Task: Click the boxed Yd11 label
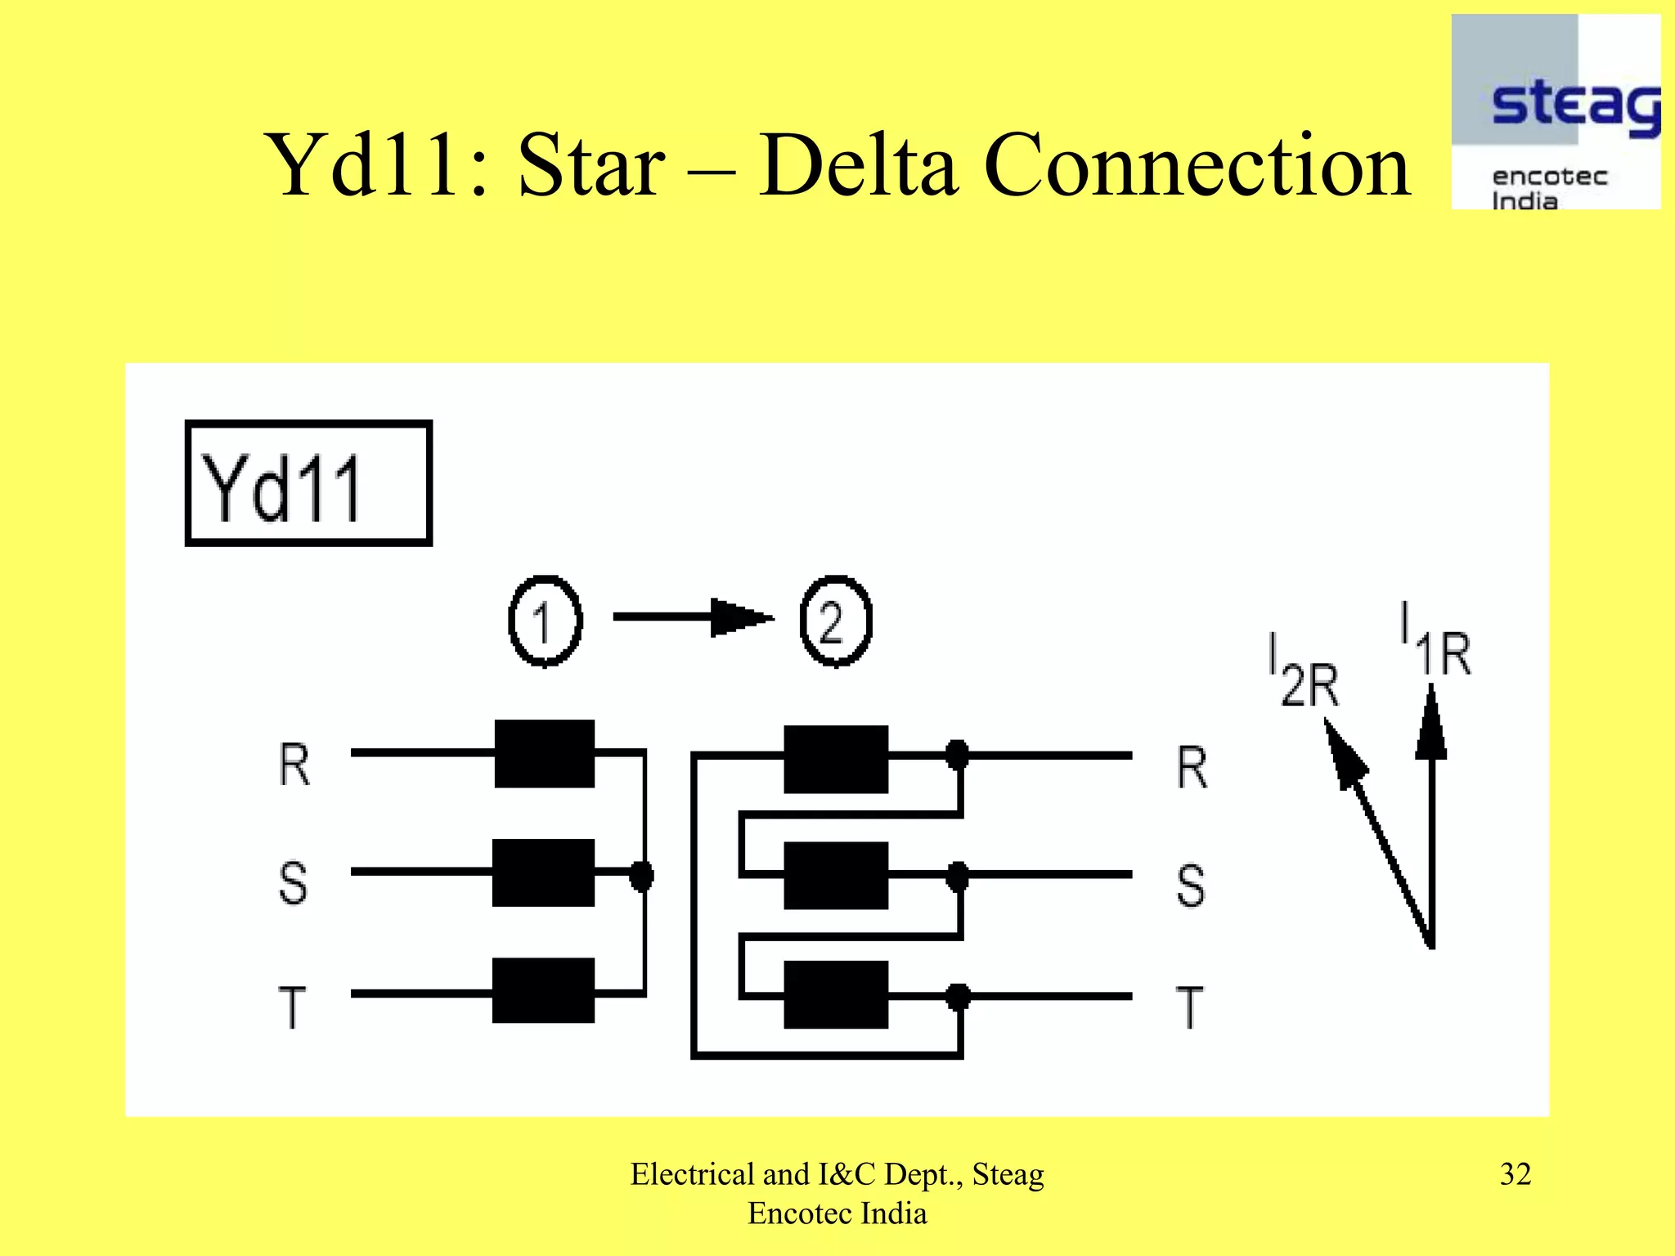[x=308, y=483]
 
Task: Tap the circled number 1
[x=545, y=621]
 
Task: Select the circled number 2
[x=835, y=621]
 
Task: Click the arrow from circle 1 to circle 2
[x=693, y=617]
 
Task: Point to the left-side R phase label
[x=294, y=765]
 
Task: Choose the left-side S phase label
[x=293, y=883]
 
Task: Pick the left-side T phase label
[x=292, y=1007]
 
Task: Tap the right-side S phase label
[x=1190, y=886]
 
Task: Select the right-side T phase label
[x=1190, y=1007]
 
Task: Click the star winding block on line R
[x=544, y=753]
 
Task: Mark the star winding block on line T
[x=543, y=990]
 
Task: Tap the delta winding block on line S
[x=835, y=875]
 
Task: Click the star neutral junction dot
[x=642, y=875]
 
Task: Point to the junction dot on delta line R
[x=957, y=755]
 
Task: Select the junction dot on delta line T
[x=958, y=996]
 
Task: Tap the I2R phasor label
[x=1303, y=671]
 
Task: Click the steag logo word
[x=1574, y=106]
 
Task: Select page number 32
[x=1515, y=1174]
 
